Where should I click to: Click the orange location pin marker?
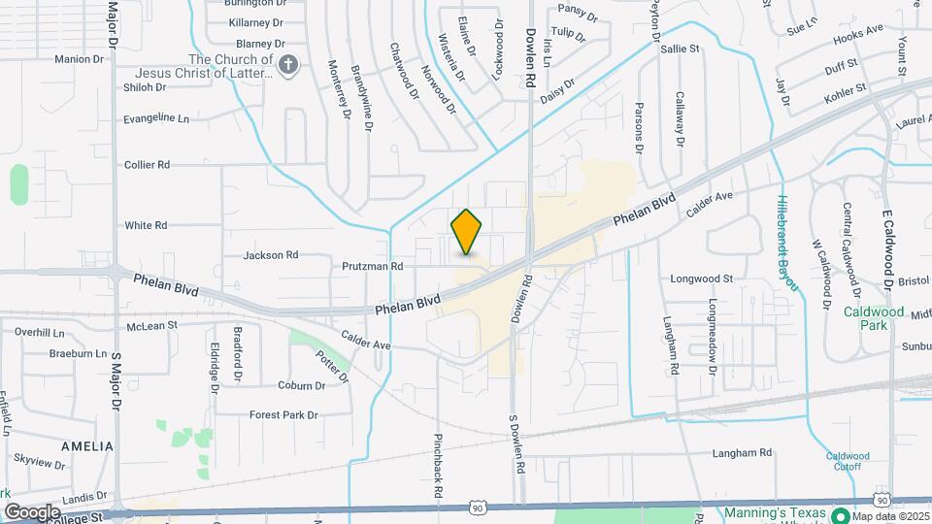[467, 232]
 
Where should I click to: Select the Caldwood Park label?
[873, 318]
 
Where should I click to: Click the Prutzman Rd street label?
[372, 265]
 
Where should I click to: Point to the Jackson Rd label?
[271, 255]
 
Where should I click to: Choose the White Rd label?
[147, 225]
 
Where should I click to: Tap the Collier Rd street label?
[148, 165]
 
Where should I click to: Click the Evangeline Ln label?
[156, 118]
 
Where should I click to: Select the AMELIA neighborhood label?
[87, 446]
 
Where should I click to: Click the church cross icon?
[287, 66]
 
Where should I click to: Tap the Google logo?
[32, 511]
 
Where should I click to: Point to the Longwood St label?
[701, 278]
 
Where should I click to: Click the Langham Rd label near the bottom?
[742, 452]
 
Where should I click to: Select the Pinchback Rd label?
[439, 466]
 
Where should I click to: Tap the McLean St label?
[152, 325]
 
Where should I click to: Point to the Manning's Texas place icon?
[841, 515]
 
